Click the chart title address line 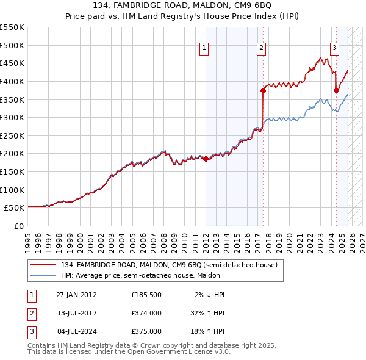point(183,6)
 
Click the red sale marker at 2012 point(206,159)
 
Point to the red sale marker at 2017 point(263,90)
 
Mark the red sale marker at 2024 point(336,90)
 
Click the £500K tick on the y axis point(12,45)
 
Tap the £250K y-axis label point(12,135)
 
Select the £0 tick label point(18,226)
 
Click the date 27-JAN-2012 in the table point(76,295)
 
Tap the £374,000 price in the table point(146,313)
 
